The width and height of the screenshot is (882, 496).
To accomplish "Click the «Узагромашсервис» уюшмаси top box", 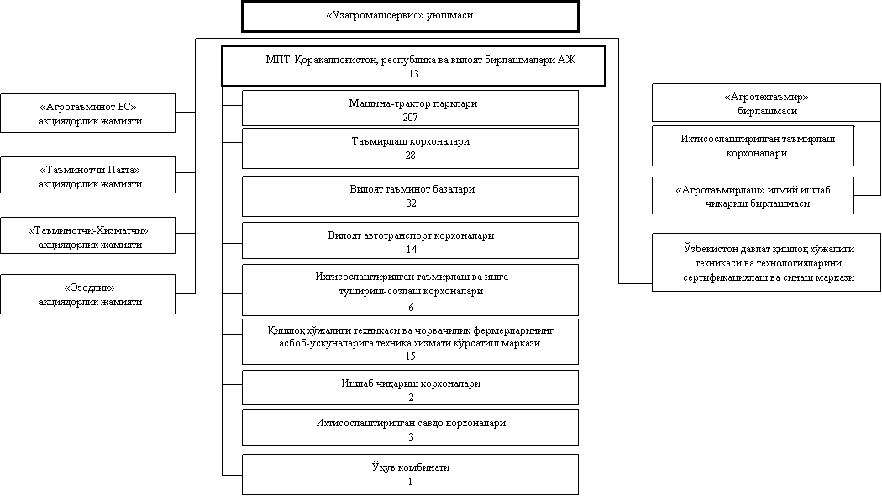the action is click(x=410, y=16).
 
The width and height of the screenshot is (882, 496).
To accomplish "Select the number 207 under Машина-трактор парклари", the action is click(x=410, y=117).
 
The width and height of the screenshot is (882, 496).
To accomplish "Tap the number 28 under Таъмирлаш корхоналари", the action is click(x=410, y=155).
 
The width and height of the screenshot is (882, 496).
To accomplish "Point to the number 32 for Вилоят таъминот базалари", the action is click(x=411, y=203).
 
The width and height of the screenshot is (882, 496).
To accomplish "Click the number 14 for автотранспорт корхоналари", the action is click(x=412, y=250).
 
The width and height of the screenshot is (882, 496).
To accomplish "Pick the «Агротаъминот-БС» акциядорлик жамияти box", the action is click(x=87, y=113).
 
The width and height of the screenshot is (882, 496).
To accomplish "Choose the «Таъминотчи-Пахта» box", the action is click(x=87, y=175).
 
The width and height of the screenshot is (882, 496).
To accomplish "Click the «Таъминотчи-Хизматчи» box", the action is click(x=87, y=235).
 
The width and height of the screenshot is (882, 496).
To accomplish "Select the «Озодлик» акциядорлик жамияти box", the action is click(x=87, y=294).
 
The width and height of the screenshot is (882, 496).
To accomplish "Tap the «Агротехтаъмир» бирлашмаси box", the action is click(x=766, y=103).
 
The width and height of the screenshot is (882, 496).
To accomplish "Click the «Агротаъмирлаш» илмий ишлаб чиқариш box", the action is click(x=753, y=196).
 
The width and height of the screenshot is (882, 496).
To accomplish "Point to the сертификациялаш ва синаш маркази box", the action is click(x=766, y=262).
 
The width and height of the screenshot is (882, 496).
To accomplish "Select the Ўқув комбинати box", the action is click(x=410, y=475).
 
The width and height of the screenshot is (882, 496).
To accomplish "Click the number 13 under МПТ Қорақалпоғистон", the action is click(x=414, y=74).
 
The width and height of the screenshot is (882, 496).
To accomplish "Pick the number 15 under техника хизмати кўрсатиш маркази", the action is click(x=410, y=356).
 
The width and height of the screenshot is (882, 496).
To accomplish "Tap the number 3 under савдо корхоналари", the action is click(x=412, y=437).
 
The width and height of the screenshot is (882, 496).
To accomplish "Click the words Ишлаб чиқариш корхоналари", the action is click(x=411, y=383).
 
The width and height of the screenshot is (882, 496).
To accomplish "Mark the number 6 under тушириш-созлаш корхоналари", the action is click(x=412, y=308).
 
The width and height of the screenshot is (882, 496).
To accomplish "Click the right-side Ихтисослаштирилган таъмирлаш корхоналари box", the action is click(x=753, y=145).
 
